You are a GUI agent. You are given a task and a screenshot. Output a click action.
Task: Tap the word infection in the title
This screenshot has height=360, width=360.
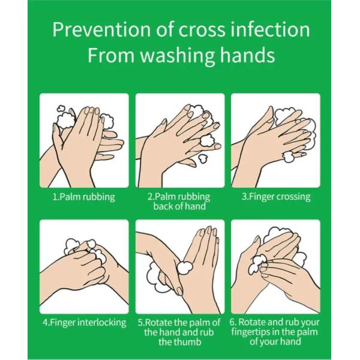[270, 29]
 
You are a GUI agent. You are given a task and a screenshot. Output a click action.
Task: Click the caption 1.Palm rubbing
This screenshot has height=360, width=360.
[84, 197]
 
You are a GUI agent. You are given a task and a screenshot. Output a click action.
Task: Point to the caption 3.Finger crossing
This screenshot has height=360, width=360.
[276, 197]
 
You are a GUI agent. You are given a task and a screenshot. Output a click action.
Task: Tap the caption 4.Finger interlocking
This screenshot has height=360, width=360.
[84, 323]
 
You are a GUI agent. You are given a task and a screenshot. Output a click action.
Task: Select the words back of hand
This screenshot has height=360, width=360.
[179, 206]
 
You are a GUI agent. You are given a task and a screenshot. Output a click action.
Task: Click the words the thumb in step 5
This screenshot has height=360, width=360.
[179, 342]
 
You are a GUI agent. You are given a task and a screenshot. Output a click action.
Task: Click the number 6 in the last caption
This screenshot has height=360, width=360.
[233, 322]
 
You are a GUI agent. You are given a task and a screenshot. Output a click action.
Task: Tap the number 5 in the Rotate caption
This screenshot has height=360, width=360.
[140, 323]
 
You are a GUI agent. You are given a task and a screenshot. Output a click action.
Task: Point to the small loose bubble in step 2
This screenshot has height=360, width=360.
[203, 158]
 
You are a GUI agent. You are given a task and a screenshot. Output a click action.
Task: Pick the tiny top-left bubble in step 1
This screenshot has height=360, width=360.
[61, 109]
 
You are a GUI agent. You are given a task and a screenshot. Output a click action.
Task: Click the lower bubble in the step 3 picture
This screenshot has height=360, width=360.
[287, 157]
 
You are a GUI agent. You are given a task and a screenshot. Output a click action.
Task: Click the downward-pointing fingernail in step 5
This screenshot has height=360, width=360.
[179, 290]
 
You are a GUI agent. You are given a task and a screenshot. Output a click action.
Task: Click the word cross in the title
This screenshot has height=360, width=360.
[202, 30]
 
